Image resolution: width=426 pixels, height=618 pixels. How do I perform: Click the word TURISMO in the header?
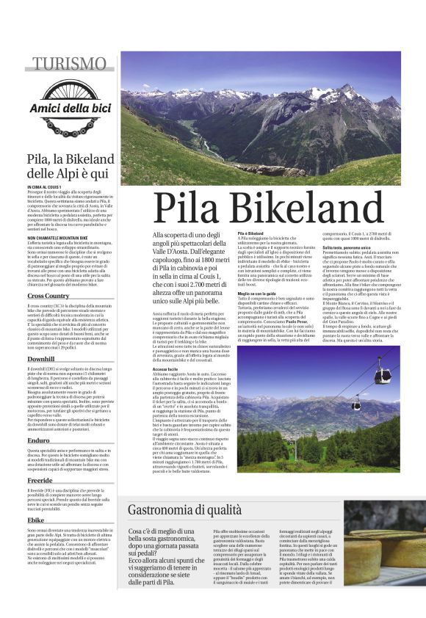[70, 64]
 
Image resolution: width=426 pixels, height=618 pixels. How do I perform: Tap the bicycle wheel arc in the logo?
[70, 86]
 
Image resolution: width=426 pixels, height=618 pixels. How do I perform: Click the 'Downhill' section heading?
[41, 359]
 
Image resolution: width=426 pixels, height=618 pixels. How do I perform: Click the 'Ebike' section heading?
[36, 520]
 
